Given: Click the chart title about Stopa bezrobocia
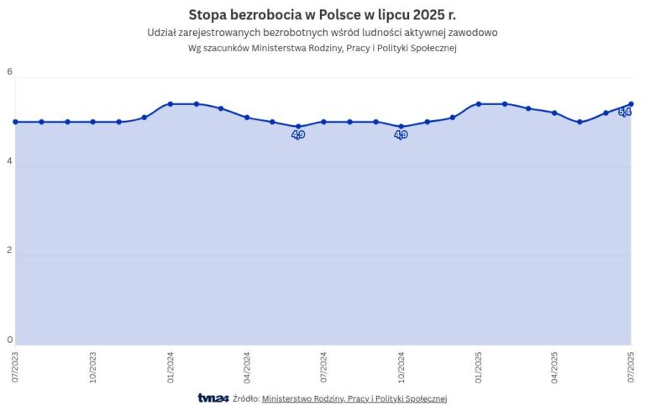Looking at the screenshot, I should tap(322, 14).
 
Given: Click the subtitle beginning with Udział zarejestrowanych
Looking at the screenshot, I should tap(322, 32).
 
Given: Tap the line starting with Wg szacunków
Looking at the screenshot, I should tap(322, 48).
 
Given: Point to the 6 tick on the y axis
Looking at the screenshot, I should tap(10, 72).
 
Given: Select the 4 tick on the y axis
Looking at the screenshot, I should tap(10, 161).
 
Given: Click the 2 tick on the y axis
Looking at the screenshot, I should tap(10, 250).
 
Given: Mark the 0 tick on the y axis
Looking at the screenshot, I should tap(10, 340).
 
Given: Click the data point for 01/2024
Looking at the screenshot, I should tap(170, 104).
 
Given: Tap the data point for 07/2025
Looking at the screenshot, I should tap(631, 104).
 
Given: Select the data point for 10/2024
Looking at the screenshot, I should tap(401, 127).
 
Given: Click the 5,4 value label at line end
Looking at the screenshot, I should tap(625, 112).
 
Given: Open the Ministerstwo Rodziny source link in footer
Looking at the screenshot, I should tap(354, 398).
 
